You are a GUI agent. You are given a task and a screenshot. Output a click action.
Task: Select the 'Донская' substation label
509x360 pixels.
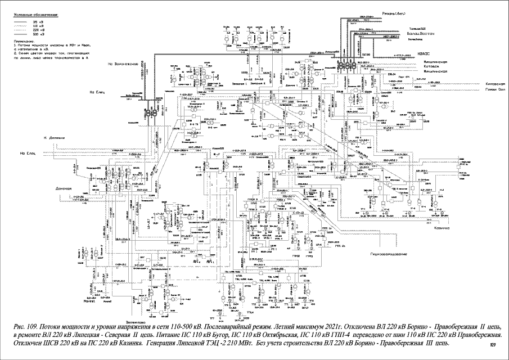coord(64,188)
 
